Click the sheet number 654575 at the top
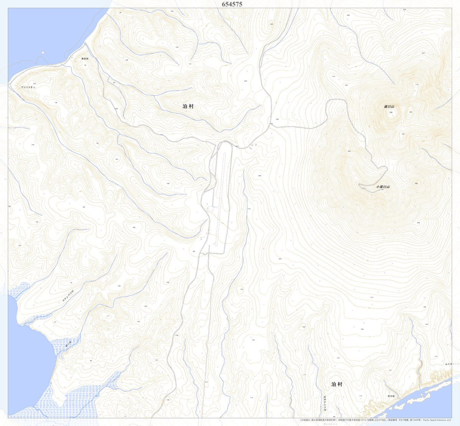[x=232, y=4]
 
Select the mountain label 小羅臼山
[x=383, y=187]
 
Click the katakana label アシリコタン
[x=28, y=87]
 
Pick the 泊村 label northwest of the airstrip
[x=188, y=106]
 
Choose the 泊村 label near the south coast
[x=337, y=384]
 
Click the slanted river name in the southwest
[x=68, y=297]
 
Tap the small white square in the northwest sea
[x=43, y=53]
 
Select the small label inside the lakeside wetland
[x=68, y=343]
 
